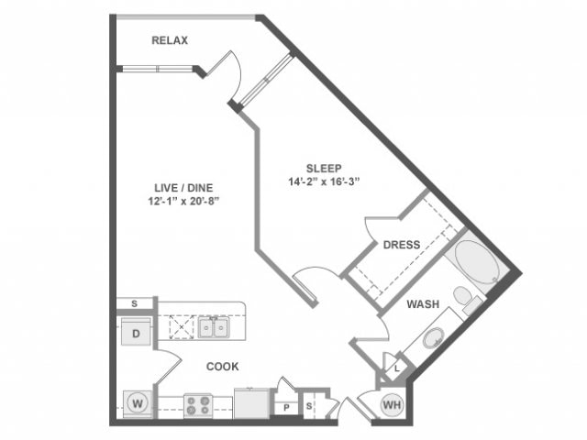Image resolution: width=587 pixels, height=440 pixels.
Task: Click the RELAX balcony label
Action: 170,40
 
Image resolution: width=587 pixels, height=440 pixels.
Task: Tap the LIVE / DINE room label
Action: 183,188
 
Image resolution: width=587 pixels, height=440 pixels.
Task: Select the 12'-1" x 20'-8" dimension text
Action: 183,202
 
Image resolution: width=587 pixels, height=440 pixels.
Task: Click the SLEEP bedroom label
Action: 324,169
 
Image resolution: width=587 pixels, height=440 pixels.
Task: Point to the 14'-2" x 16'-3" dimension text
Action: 324,181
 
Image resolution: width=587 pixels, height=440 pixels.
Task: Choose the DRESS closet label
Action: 402,245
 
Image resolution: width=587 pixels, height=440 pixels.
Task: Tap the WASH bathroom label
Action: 423,304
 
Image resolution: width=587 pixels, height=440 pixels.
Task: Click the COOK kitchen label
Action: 222,367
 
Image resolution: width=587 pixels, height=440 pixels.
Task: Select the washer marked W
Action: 138,404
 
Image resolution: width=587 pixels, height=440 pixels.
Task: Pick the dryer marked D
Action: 136,332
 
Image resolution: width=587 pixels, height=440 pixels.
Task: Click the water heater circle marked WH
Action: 392,404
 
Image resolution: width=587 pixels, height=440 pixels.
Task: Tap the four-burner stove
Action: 198,406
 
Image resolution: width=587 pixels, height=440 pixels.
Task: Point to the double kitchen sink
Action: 214,328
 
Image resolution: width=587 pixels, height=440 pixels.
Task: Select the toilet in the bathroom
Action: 467,298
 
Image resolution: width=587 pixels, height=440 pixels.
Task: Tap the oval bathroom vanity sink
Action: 434,337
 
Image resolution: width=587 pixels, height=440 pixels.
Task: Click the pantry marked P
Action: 286,407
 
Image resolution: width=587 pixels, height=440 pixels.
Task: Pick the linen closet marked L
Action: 397,368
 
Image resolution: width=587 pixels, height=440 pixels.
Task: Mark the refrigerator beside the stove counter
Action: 251,403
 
